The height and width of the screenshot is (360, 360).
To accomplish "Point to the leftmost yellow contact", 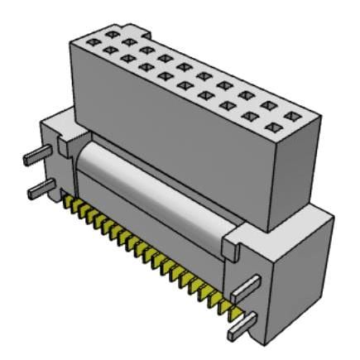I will [66, 201].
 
